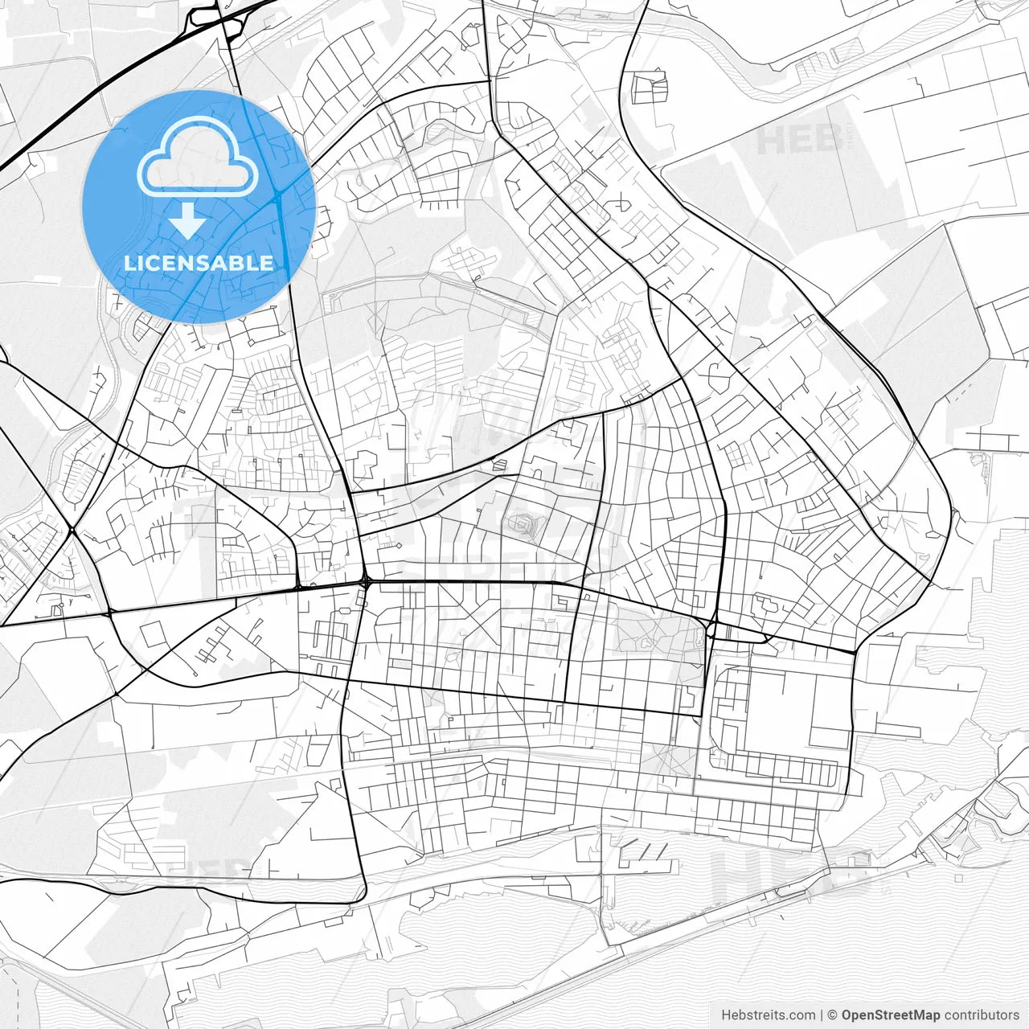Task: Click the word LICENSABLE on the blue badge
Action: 198,263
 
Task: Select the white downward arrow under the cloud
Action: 188,220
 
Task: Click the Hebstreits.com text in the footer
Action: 768,1015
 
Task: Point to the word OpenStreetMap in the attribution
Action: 891,1015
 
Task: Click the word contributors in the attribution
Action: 982,1015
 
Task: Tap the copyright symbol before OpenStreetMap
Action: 833,1015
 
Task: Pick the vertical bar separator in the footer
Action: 822,1015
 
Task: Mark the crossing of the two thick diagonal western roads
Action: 72,530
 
